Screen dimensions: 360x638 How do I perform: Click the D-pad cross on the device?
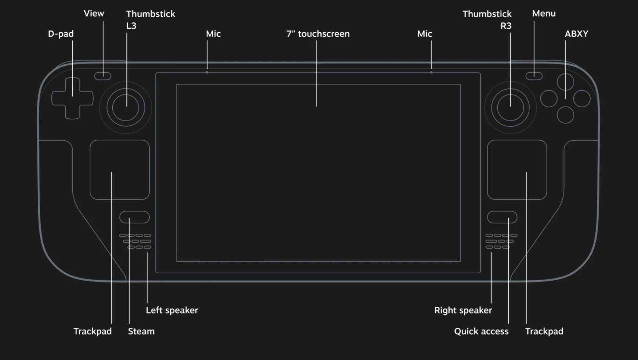pyautogui.click(x=72, y=98)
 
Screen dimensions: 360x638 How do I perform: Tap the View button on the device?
pyautogui.click(x=103, y=76)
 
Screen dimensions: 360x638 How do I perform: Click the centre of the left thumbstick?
pyautogui.click(x=126, y=108)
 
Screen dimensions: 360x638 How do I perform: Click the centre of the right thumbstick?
pyautogui.click(x=510, y=108)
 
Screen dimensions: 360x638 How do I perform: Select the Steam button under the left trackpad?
pyautogui.click(x=134, y=217)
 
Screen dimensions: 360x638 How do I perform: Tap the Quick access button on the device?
pyautogui.click(x=502, y=217)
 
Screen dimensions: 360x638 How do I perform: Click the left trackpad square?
pyautogui.click(x=120, y=170)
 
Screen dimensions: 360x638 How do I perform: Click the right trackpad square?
pyautogui.click(x=517, y=170)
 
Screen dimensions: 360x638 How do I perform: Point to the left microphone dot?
pyautogui.click(x=207, y=73)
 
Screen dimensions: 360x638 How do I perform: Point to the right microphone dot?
pyautogui.click(x=431, y=73)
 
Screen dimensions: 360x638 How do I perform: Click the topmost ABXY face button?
pyautogui.click(x=565, y=82)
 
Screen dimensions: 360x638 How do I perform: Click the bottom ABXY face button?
pyautogui.click(x=565, y=115)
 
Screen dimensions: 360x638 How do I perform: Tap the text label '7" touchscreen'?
pyautogui.click(x=318, y=34)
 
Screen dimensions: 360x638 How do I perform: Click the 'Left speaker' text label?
pyautogui.click(x=172, y=310)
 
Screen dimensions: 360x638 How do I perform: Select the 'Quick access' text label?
pyautogui.click(x=481, y=331)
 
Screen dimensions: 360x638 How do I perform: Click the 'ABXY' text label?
pyautogui.click(x=576, y=34)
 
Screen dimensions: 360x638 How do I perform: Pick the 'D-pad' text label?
pyautogui.click(x=61, y=34)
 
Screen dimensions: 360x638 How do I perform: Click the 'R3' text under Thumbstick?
pyautogui.click(x=506, y=26)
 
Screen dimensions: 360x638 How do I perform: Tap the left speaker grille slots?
pyautogui.click(x=135, y=241)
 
